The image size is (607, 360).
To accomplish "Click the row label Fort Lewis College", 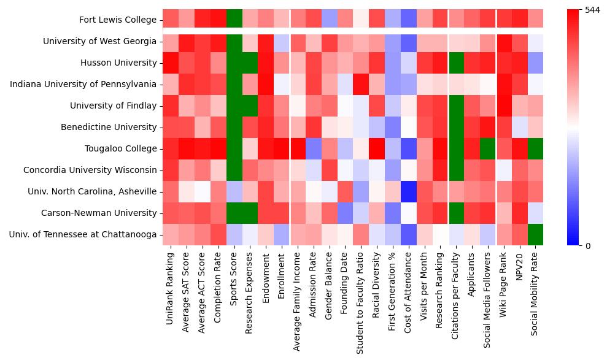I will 118,20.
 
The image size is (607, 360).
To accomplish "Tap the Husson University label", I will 118,63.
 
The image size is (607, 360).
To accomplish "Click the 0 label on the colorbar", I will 588,245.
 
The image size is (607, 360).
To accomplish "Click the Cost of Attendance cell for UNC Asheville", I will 408,191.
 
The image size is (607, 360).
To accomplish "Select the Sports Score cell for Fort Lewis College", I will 234,20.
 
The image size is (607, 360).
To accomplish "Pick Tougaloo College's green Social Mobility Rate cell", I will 535,148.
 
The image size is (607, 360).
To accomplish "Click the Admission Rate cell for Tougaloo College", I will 313,148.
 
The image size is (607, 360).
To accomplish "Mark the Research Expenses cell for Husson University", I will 250,63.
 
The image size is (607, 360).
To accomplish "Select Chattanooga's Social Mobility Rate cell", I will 535,234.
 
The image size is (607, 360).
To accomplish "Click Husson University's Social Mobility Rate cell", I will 535,63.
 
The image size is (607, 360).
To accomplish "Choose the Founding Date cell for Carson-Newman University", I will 345,213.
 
